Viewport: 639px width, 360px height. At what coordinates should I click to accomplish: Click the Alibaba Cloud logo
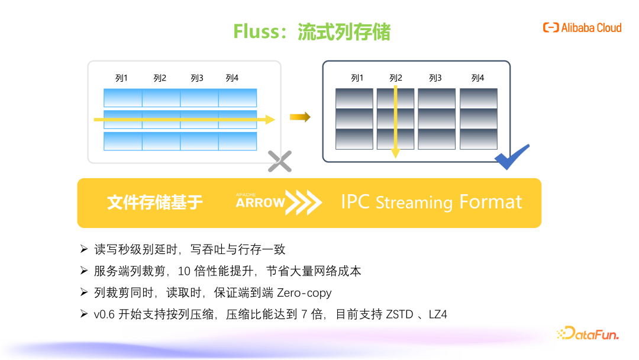tap(582, 28)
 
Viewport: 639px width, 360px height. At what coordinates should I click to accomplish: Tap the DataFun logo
tap(588, 333)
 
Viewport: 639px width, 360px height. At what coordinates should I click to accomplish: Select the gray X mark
tap(280, 161)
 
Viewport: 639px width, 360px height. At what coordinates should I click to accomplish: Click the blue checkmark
tap(512, 157)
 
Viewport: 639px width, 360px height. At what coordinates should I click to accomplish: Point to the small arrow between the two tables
tap(300, 117)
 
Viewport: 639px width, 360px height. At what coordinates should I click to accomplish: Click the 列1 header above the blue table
tap(121, 78)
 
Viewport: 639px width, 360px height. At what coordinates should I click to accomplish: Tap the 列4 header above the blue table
tap(232, 78)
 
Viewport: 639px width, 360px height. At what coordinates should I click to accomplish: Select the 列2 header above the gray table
tap(396, 78)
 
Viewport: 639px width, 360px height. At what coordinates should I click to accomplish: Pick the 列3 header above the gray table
tap(435, 78)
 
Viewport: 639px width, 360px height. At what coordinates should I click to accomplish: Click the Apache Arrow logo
tap(279, 202)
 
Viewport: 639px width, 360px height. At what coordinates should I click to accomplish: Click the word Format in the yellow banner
tap(490, 202)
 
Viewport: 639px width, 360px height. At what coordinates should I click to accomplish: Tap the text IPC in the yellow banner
tap(356, 202)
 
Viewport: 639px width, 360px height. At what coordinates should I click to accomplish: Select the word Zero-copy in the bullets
tap(304, 292)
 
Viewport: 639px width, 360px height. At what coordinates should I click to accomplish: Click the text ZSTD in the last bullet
tap(399, 314)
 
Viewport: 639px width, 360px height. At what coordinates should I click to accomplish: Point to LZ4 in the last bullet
tap(438, 314)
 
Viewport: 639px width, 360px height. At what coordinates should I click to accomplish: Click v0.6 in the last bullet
tap(104, 314)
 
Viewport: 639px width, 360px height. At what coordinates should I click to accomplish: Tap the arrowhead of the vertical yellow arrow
tap(395, 153)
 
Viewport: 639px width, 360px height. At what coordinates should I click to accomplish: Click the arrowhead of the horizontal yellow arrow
tap(270, 120)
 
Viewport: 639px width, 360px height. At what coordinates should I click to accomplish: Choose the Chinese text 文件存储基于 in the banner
tap(155, 202)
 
